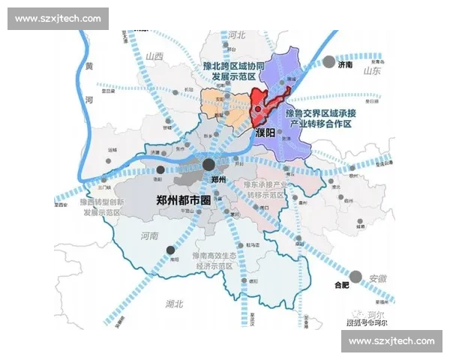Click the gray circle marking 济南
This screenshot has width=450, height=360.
[329, 62]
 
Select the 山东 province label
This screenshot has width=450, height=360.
[373, 71]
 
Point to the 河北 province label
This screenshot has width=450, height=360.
[237, 34]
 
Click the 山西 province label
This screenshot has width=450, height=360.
[155, 56]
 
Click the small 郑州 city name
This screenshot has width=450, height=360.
[218, 179]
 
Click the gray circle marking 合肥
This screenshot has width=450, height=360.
[356, 276]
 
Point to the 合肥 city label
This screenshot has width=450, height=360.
[341, 286]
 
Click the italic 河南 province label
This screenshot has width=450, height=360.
[150, 236]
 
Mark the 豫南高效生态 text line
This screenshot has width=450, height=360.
[215, 256]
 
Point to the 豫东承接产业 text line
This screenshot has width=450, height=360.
[266, 184]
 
